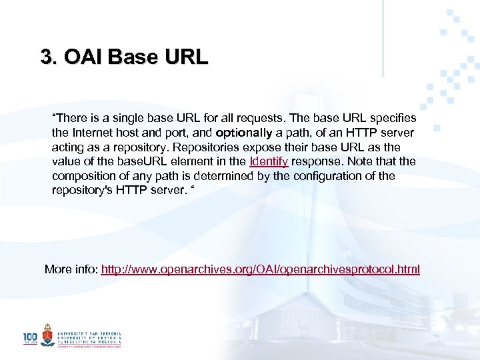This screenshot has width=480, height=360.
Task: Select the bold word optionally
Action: point(241,133)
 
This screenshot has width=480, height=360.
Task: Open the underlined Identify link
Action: point(268,161)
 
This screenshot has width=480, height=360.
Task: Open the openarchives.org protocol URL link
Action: point(260,269)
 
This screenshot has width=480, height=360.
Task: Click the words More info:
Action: point(71,269)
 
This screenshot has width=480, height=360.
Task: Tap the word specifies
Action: point(392,118)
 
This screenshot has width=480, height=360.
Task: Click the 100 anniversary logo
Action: point(31,338)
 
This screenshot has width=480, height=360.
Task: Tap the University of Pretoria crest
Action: point(47,335)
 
